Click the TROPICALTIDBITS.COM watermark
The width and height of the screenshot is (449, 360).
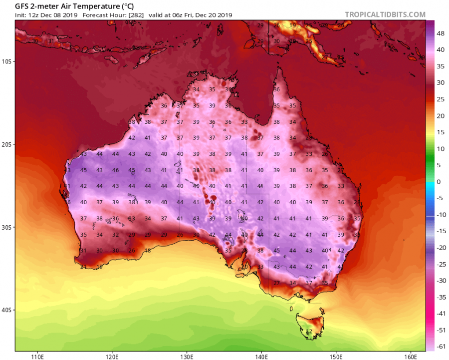click(x=385, y=15)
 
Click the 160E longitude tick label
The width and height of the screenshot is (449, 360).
click(x=410, y=356)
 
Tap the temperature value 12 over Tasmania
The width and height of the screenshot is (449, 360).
click(x=309, y=331)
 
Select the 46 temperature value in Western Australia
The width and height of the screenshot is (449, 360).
click(x=115, y=170)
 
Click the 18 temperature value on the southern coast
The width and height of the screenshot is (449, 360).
click(x=148, y=251)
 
